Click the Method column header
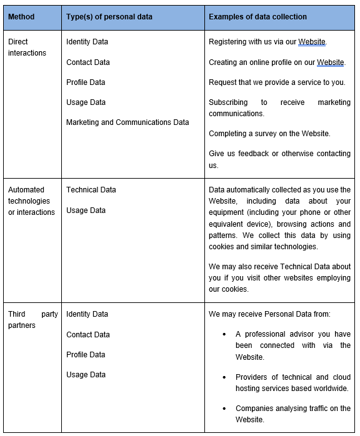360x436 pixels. (21, 16)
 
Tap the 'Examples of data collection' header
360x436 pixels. (257, 16)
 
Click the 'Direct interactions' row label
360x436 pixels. (27, 47)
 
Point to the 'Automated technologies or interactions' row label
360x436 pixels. (31, 201)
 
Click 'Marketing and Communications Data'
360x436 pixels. (127, 122)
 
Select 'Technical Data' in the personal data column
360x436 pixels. (91, 190)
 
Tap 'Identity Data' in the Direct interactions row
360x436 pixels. (87, 42)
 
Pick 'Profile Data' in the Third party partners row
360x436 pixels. (86, 355)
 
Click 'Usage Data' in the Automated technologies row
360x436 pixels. (86, 211)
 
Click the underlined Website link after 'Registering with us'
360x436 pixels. (312, 42)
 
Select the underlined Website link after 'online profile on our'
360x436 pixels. (331, 62)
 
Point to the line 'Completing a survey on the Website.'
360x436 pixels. (269, 134)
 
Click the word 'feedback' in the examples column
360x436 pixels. (251, 154)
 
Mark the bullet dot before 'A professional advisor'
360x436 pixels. (224, 334)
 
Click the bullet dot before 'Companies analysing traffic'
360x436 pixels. (224, 409)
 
